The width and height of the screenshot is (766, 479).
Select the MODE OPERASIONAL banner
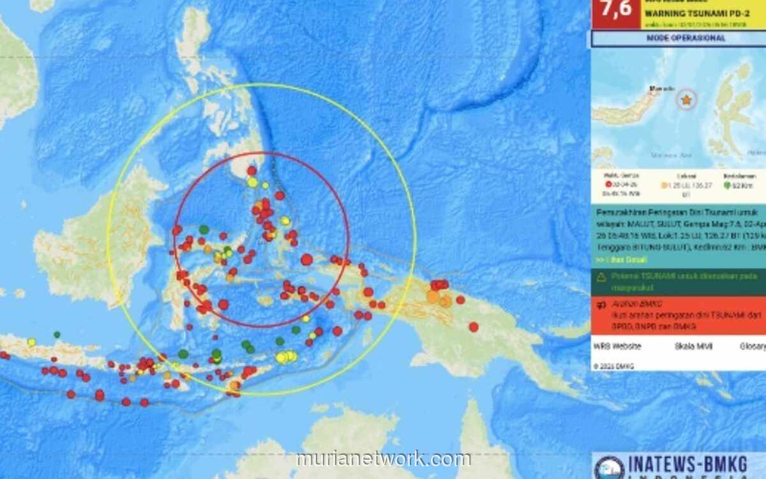[678, 38]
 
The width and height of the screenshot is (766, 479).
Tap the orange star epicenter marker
[686, 100]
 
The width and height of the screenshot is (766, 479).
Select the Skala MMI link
[688, 346]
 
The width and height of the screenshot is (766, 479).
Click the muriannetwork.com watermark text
[384, 459]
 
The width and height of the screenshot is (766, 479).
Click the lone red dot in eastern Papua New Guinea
[474, 327]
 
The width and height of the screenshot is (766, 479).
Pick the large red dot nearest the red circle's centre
[306, 259]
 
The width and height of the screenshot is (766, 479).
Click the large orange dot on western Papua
[433, 296]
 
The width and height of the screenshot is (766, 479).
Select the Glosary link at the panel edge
[753, 346]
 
